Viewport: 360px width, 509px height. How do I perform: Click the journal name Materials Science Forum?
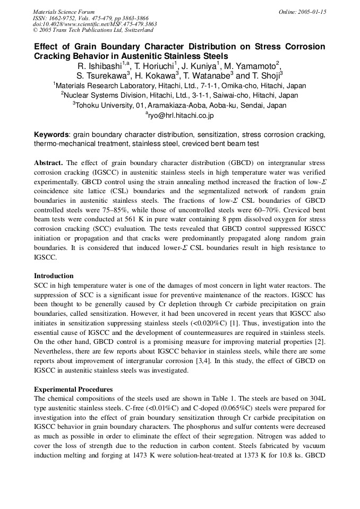64,11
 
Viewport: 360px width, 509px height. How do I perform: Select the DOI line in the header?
95,24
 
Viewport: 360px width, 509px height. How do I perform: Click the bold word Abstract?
48,162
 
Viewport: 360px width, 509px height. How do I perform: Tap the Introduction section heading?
54,276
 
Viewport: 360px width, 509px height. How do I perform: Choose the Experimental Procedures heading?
73,389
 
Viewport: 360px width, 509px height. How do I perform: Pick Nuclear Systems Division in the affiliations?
105,96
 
